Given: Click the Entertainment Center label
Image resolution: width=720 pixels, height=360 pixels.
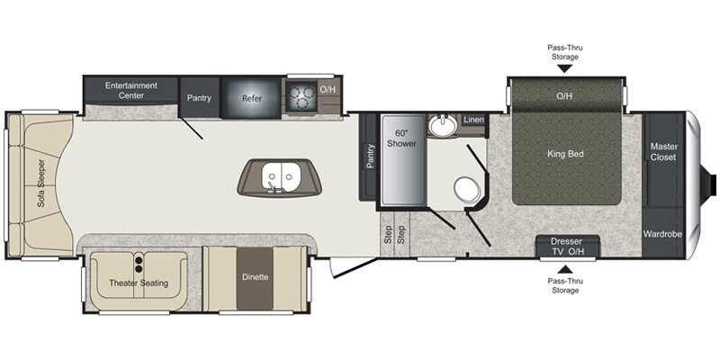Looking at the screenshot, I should click(131, 90).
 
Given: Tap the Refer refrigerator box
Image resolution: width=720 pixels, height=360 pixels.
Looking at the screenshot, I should click(252, 97).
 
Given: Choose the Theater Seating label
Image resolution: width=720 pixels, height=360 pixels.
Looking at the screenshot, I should click(139, 283).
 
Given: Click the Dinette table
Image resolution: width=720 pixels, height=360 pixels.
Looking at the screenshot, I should click(255, 276).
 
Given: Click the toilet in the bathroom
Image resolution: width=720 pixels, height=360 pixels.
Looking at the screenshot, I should click(465, 188).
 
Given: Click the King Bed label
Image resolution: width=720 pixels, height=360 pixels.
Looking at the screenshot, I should click(566, 154).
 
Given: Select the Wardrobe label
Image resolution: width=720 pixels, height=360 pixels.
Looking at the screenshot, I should click(662, 234).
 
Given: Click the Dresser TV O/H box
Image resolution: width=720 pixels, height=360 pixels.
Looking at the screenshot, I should click(567, 247).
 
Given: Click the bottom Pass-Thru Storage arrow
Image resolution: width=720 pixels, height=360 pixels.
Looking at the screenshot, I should click(565, 268).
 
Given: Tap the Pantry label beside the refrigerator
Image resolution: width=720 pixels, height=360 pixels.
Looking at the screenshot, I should click(199, 97).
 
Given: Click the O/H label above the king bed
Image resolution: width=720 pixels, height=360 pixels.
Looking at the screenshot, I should click(564, 95).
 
